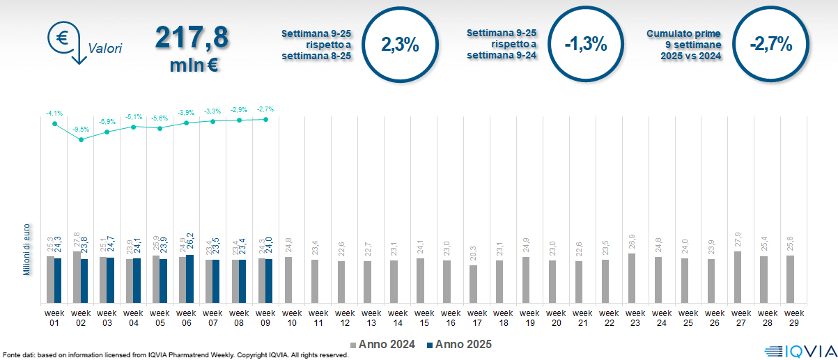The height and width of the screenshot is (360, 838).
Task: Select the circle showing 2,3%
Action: pyautogui.click(x=400, y=45)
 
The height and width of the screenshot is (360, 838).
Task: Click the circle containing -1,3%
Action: pyautogui.click(x=585, y=45)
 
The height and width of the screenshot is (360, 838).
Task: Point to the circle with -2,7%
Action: pyautogui.click(x=770, y=45)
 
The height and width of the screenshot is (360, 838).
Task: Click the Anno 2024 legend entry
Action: pyautogui.click(x=382, y=344)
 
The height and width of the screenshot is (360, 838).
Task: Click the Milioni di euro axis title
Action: pyautogui.click(x=27, y=250)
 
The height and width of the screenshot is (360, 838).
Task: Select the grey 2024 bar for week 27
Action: pyautogui.click(x=738, y=277)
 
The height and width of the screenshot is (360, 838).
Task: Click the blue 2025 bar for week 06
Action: pyautogui.click(x=190, y=279)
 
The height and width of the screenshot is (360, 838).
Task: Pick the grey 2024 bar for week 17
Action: pyautogui.click(x=474, y=284)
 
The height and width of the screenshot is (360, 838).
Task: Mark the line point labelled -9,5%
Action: pyautogui.click(x=81, y=139)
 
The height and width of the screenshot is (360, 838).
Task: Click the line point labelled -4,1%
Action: pyautogui.click(x=54, y=123)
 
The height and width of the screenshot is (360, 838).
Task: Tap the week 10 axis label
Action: pyautogui.click(x=293, y=318)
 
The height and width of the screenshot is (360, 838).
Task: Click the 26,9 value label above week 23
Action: pyautogui.click(x=631, y=242)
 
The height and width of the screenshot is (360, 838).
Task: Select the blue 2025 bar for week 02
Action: pyautogui.click(x=84, y=281)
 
